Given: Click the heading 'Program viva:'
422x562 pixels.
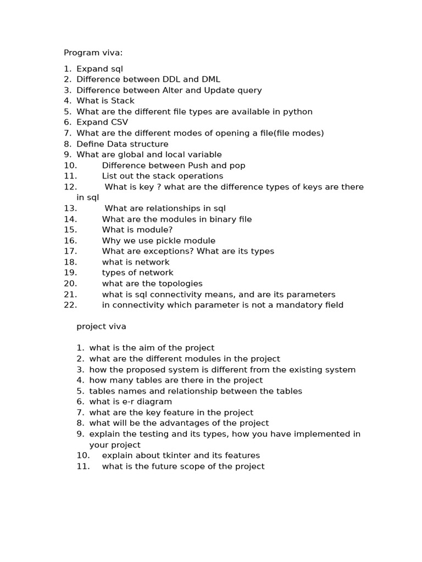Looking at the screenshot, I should [x=93, y=53].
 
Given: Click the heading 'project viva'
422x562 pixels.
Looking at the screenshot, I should [x=101, y=327].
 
